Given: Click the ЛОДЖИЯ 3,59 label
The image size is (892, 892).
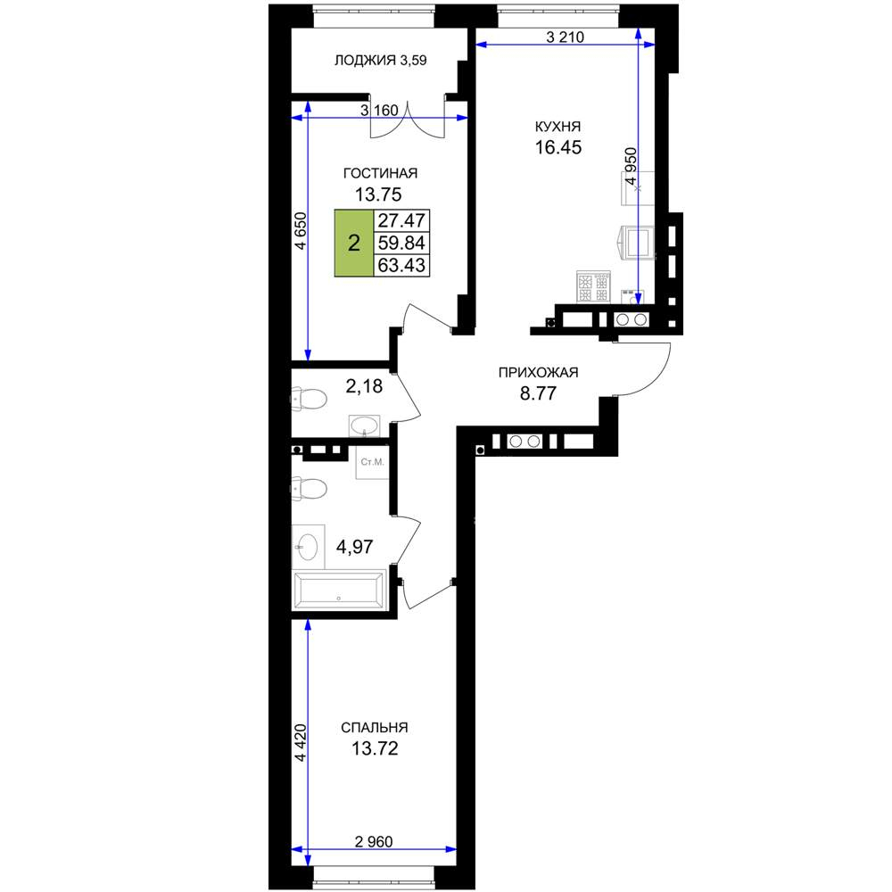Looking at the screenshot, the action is click(380, 61).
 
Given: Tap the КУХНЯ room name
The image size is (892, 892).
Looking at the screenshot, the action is click(557, 127).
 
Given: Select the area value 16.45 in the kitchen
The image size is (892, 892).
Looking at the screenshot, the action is click(558, 147).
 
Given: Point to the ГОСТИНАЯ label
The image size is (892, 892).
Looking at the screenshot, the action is click(380, 173).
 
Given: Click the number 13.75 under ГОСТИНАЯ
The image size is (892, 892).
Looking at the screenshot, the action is click(378, 194).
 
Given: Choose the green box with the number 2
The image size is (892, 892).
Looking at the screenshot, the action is click(354, 243).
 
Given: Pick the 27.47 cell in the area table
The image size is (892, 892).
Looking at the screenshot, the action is click(401, 220).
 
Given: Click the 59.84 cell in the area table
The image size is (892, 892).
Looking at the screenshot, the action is click(401, 243).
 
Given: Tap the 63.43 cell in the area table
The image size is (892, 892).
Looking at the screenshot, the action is click(401, 265).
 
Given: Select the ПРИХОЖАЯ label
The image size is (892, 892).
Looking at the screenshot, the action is click(538, 373).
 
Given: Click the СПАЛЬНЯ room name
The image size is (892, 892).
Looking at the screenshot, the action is click(375, 728).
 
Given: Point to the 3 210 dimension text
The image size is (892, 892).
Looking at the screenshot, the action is click(565, 37).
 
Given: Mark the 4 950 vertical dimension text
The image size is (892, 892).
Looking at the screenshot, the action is click(632, 166).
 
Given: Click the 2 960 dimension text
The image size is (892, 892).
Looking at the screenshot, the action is click(374, 841).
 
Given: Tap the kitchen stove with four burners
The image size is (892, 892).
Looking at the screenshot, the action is click(593, 286).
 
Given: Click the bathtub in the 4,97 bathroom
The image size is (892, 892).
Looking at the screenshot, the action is click(339, 590).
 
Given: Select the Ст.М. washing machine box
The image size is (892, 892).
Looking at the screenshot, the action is click(373, 462).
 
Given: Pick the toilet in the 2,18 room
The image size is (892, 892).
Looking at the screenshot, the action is click(309, 398).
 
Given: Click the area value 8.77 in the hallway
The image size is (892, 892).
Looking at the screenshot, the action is click(538, 393).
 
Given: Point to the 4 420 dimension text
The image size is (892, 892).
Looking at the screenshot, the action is click(301, 742).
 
